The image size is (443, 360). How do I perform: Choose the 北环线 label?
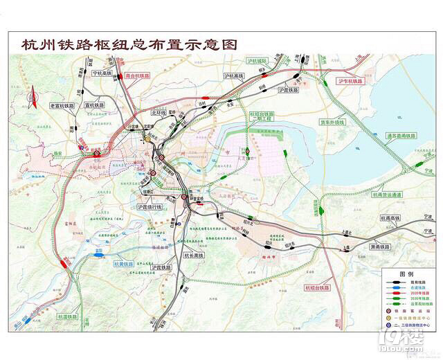tap(159, 111)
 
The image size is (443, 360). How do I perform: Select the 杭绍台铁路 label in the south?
tap(318, 287)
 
